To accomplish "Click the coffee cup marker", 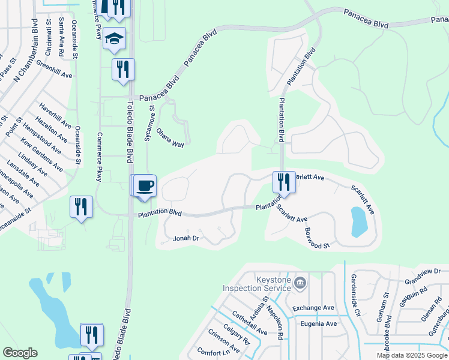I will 144,185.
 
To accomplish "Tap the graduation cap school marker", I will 114,38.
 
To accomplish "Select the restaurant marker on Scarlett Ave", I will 284,181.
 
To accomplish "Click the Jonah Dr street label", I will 187,238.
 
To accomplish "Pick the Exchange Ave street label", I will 313,308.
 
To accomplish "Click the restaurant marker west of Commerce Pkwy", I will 81,207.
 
